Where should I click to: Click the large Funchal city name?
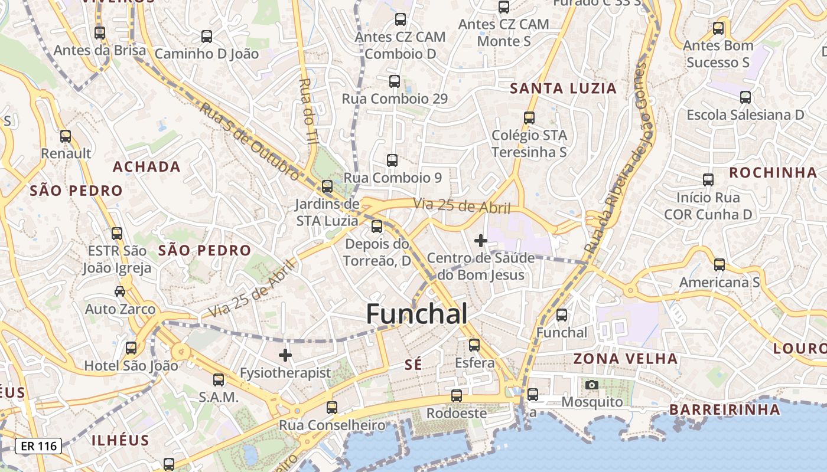point(416,314)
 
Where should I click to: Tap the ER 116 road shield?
point(38,446)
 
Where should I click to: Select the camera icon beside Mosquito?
point(591,385)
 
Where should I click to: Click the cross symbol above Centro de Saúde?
point(481,241)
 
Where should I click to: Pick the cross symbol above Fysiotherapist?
point(285,355)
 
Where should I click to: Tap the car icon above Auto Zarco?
point(120,291)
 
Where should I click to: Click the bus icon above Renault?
point(65,136)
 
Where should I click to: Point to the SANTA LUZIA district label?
point(563,89)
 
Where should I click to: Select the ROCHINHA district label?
point(773,173)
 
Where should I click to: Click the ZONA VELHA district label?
point(625,359)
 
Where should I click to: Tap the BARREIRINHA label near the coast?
point(725,409)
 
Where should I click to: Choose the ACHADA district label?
point(146,167)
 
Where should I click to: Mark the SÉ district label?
point(413,365)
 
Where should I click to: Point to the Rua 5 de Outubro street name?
point(249,140)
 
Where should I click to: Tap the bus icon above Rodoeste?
point(456,395)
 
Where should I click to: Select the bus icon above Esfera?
point(474,345)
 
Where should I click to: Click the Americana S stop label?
point(719,283)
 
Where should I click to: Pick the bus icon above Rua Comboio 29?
point(395,81)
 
